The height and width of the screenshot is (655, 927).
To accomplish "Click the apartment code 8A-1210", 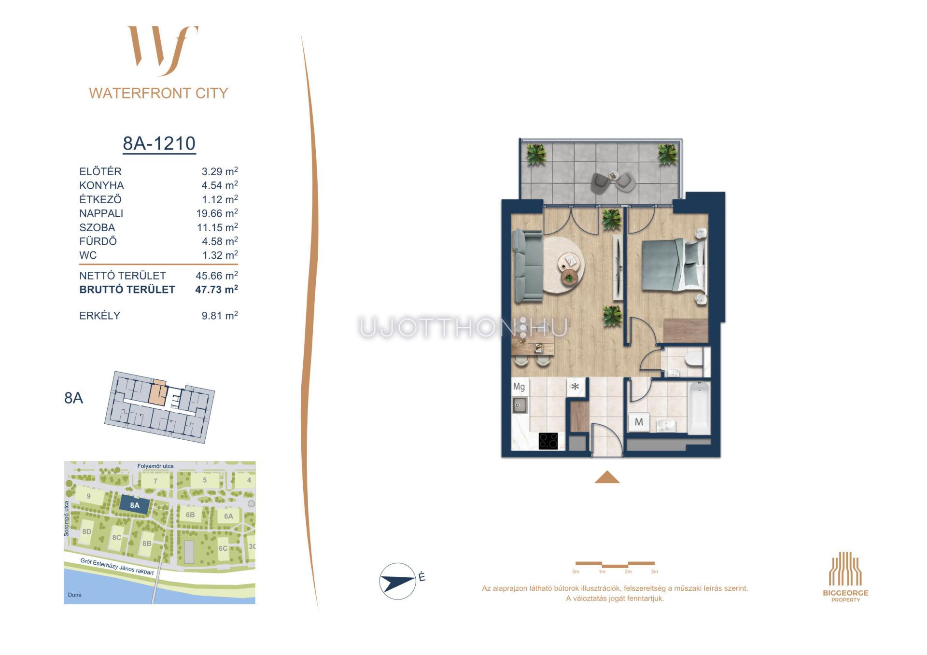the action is [159, 143].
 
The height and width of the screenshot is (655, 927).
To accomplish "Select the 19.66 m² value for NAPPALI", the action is [217, 213].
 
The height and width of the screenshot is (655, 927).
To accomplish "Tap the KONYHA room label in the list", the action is [101, 185].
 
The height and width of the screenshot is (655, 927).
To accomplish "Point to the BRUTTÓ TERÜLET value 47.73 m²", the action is [216, 289].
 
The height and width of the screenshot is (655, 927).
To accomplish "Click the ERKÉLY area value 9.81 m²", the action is [220, 315].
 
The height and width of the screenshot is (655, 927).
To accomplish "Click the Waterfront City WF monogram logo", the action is [163, 51].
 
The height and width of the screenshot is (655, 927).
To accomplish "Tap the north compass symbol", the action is [398, 581].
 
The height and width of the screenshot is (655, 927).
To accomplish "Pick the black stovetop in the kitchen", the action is [548, 441].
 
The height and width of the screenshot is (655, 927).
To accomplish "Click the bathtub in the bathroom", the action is [699, 407].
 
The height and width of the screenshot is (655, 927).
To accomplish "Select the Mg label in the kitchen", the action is [519, 387].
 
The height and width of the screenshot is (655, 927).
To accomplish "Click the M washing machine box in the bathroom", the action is [639, 422].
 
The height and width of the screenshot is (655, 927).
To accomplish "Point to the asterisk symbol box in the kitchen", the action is [575, 387].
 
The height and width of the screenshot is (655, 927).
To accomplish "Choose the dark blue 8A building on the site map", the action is [135, 505].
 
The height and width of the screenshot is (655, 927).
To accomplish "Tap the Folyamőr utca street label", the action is [155, 466].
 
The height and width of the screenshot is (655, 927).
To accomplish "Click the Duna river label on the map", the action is [75, 595].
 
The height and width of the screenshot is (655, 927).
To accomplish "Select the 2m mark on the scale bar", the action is [628, 571].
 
